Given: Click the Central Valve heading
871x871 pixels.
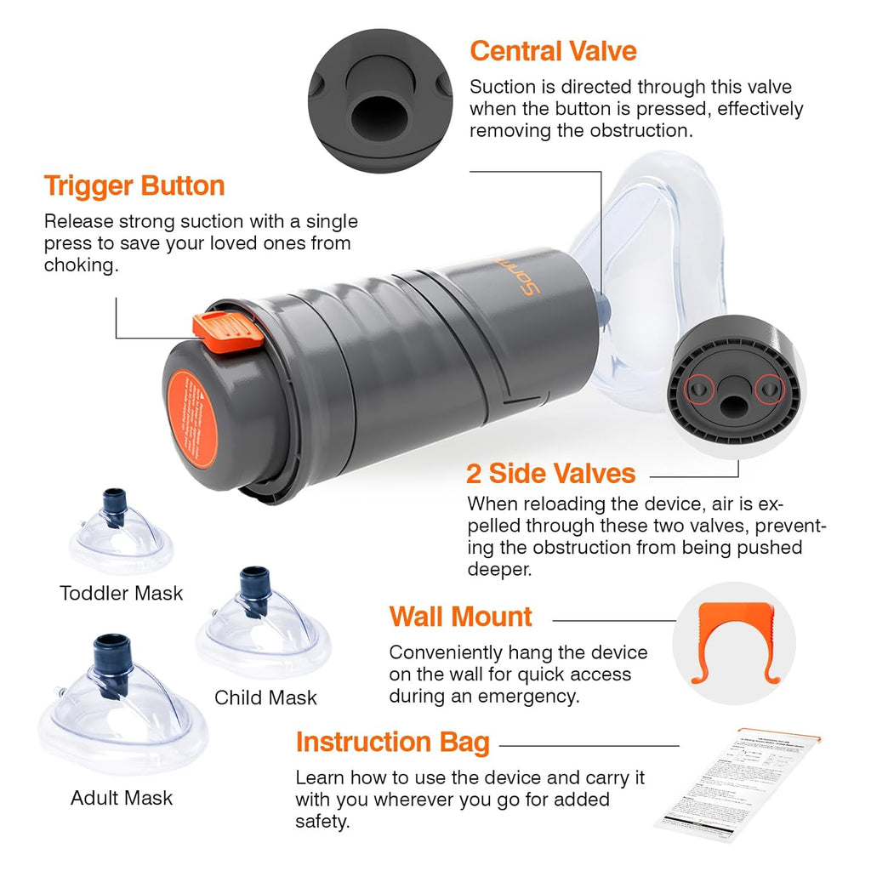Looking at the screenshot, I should tap(553, 51).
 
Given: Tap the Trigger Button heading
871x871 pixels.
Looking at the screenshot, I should tap(134, 185).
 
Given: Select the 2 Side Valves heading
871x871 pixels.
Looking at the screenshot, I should tap(550, 473).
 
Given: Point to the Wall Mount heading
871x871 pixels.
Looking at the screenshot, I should tap(461, 617).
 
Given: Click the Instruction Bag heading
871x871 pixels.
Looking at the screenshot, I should tap(393, 743).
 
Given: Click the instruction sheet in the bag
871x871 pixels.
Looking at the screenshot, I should tap(737, 783).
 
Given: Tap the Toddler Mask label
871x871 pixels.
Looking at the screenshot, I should tap(122, 593).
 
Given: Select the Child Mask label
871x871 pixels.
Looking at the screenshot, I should tap(265, 697).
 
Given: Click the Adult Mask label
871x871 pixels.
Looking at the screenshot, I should tap(122, 798).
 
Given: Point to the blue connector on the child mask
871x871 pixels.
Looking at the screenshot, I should tap(253, 584).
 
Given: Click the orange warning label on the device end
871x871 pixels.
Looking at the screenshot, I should tap(191, 418).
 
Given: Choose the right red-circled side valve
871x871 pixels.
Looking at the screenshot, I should tap(770, 388).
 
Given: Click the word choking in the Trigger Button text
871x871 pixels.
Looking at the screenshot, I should tap(81, 265).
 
